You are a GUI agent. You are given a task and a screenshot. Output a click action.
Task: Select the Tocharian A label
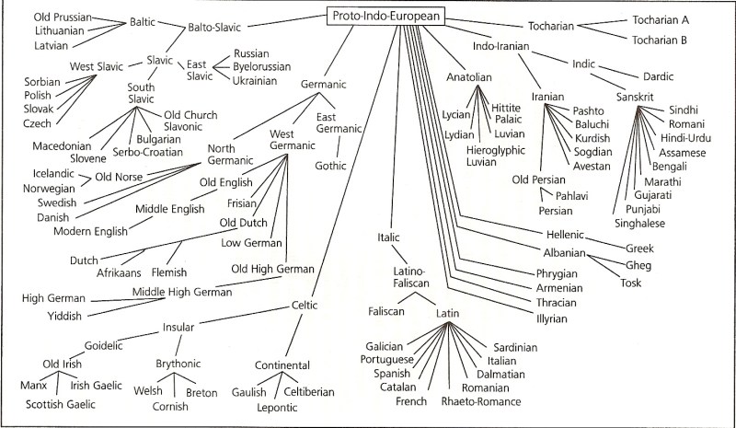(656, 19)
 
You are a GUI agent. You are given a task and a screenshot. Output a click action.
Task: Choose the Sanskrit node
(636, 97)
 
